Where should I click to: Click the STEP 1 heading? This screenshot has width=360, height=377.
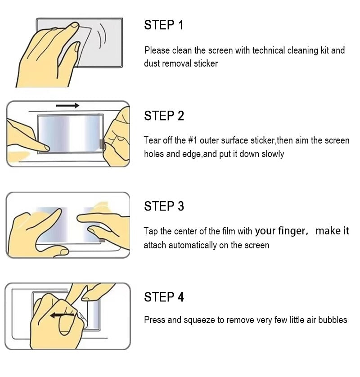(x=164, y=25)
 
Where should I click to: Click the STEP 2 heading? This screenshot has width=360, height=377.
(x=164, y=116)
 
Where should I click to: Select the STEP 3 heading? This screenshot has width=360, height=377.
(x=164, y=206)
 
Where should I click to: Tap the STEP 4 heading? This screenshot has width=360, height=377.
(x=164, y=297)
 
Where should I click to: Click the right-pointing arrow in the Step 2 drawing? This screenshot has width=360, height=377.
(x=67, y=106)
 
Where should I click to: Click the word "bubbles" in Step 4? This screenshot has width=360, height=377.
(x=333, y=320)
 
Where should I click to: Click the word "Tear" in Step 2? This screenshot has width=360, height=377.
(x=152, y=140)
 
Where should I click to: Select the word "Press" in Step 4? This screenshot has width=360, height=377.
(x=154, y=320)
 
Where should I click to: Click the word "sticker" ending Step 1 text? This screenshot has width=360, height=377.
(x=206, y=64)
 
